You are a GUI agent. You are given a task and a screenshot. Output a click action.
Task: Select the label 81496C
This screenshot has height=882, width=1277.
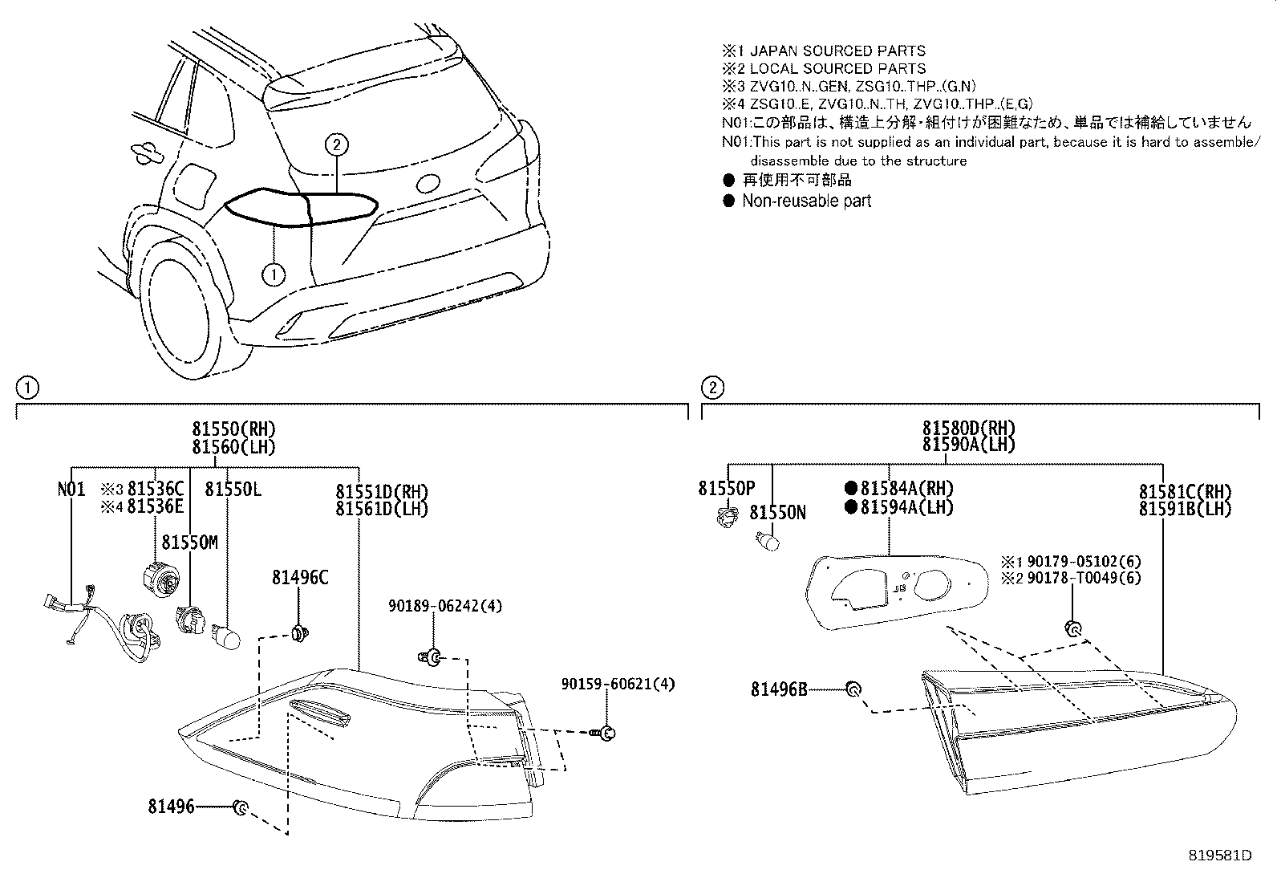click(x=299, y=577)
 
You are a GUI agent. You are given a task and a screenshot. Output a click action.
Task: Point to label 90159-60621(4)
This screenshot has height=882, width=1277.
click(x=618, y=684)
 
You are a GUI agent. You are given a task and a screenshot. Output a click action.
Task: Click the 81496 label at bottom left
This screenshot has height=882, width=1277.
click(x=171, y=807)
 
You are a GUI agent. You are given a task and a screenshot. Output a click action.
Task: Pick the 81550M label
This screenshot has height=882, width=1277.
click(x=189, y=543)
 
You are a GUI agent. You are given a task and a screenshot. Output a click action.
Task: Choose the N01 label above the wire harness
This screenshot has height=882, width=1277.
click(x=71, y=489)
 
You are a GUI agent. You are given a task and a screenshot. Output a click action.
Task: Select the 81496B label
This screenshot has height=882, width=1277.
click(x=779, y=689)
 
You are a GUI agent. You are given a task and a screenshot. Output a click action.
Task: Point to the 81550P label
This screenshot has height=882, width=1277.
click(x=726, y=489)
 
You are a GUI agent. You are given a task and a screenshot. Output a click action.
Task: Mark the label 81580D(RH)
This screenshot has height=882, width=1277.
click(x=968, y=428)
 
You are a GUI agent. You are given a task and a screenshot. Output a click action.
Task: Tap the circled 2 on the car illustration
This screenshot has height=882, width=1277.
click(x=337, y=144)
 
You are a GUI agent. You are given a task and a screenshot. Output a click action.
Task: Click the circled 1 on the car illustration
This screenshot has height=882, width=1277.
click(x=274, y=274)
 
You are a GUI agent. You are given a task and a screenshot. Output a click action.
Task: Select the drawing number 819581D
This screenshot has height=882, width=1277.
click(x=1220, y=856)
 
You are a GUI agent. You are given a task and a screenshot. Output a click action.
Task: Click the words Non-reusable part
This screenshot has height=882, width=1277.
click(x=806, y=201)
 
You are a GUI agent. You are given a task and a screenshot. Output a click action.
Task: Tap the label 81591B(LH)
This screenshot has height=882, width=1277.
click(x=1185, y=508)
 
